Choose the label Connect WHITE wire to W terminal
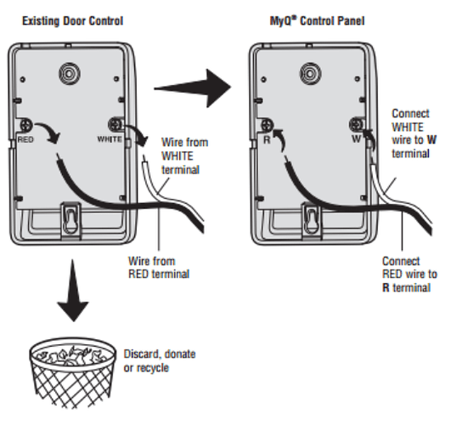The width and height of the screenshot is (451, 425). coord(414,134)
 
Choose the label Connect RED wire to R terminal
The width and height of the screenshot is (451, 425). coord(409,275)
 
